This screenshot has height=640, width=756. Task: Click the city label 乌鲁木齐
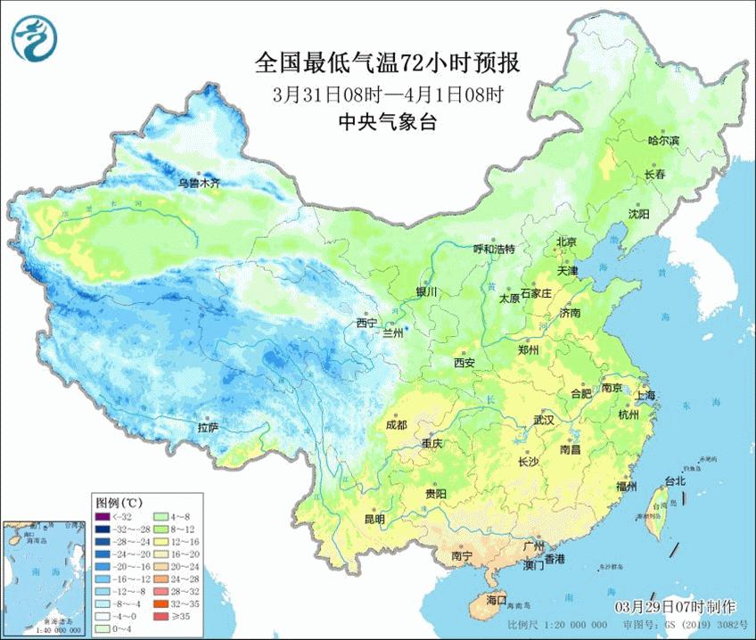coord(198,183)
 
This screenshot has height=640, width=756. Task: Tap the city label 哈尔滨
coord(663,141)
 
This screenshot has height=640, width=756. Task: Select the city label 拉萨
coord(209,428)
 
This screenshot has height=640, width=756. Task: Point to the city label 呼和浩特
coord(494,249)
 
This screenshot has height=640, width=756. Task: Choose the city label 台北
coord(675,481)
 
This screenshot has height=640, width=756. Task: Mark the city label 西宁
coord(366,323)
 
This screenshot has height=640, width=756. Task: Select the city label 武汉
coord(543,419)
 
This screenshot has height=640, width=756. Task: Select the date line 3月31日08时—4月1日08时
coord(387,94)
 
